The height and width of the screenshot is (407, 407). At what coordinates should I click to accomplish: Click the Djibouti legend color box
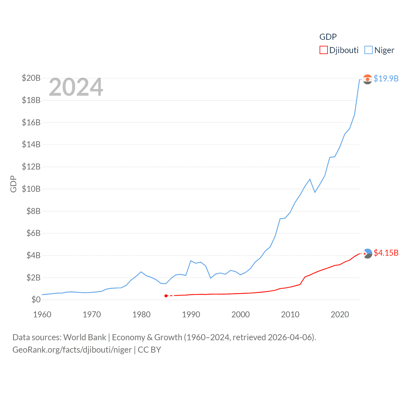323,50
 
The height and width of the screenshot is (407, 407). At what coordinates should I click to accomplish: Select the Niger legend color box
368,50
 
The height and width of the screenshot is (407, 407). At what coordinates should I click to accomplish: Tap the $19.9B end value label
386,79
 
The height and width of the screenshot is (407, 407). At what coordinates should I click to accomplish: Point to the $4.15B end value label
386,253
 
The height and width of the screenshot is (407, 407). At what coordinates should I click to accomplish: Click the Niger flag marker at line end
368,79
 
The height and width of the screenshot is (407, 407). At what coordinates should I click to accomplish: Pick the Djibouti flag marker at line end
368,253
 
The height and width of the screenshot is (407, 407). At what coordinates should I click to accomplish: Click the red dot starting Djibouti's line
166,296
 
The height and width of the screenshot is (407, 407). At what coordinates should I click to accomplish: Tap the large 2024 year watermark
76,87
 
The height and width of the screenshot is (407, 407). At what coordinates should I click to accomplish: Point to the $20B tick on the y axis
31,78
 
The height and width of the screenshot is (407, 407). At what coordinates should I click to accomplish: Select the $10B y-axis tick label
31,189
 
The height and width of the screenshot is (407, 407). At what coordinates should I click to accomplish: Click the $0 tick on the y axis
36,300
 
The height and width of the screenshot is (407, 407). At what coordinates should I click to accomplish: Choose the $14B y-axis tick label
31,144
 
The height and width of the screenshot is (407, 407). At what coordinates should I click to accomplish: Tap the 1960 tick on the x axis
42,314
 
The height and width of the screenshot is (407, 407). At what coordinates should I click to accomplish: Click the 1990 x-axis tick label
191,314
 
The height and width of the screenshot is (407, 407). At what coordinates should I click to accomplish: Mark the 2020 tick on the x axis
340,314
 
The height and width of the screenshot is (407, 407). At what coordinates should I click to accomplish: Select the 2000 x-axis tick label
241,314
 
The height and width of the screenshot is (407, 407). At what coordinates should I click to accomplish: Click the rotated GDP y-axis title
13,184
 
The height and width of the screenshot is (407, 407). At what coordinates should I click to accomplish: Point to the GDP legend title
328,37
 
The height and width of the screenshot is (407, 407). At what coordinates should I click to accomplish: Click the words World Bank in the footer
85,337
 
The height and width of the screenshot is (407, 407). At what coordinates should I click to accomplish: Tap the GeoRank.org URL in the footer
72,350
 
